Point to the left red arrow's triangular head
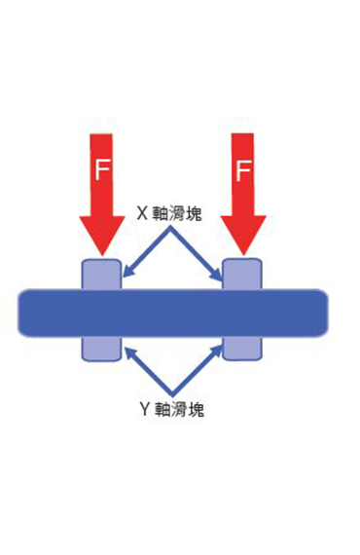[x=101, y=234]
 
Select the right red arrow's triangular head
[x=243, y=234]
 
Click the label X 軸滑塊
[x=169, y=213]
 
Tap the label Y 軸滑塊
[x=171, y=409]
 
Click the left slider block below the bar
[x=101, y=348]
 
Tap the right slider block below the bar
[x=242, y=348]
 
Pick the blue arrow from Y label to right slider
[x=198, y=369]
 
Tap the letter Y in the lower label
[x=144, y=409]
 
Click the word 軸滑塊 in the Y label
[x=180, y=409]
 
